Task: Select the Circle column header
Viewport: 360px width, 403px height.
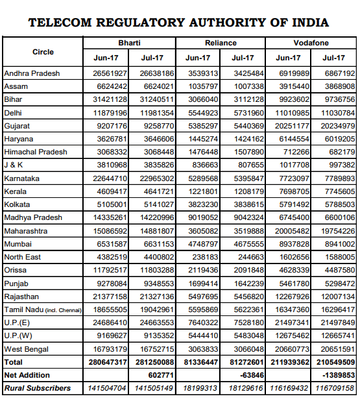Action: pyautogui.click(x=43, y=51)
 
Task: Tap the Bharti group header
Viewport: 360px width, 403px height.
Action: pyautogui.click(x=129, y=43)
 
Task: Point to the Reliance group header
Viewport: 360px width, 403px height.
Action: pyautogui.click(x=221, y=43)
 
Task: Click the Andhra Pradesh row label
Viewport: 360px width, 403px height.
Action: pyautogui.click(x=32, y=73)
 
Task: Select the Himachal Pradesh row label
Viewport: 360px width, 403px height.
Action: pyautogui.click(x=36, y=152)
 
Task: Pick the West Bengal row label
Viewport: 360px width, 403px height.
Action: pyautogui.click(x=27, y=349)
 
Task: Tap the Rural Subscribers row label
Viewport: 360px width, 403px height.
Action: pyautogui.click(x=38, y=388)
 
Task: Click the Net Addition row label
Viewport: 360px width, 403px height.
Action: pyautogui.click(x=27, y=375)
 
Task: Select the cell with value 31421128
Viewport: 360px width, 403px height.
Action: pyautogui.click(x=109, y=99)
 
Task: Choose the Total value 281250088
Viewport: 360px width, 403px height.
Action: pyautogui.click(x=152, y=362)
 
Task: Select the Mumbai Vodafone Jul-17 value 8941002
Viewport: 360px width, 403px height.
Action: pyautogui.click(x=339, y=244)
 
